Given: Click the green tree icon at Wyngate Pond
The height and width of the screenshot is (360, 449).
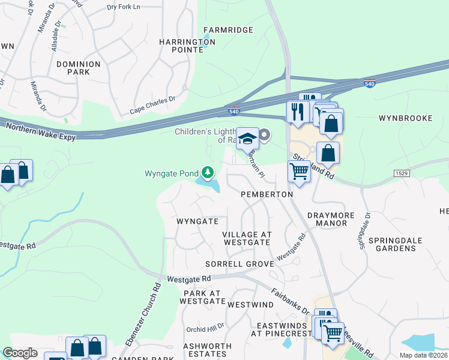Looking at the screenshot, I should click(x=208, y=173).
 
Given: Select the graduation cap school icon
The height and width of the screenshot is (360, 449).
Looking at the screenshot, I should click(x=247, y=139).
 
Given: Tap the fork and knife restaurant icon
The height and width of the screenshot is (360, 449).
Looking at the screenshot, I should click(x=298, y=111).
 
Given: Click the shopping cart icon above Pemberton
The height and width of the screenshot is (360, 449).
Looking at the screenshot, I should click(x=298, y=172).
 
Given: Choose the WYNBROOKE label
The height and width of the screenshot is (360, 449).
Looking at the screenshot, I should click(x=406, y=118).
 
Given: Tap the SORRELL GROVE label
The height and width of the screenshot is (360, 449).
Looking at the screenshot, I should click(x=240, y=264).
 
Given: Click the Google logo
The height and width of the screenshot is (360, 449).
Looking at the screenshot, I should click(x=20, y=353).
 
